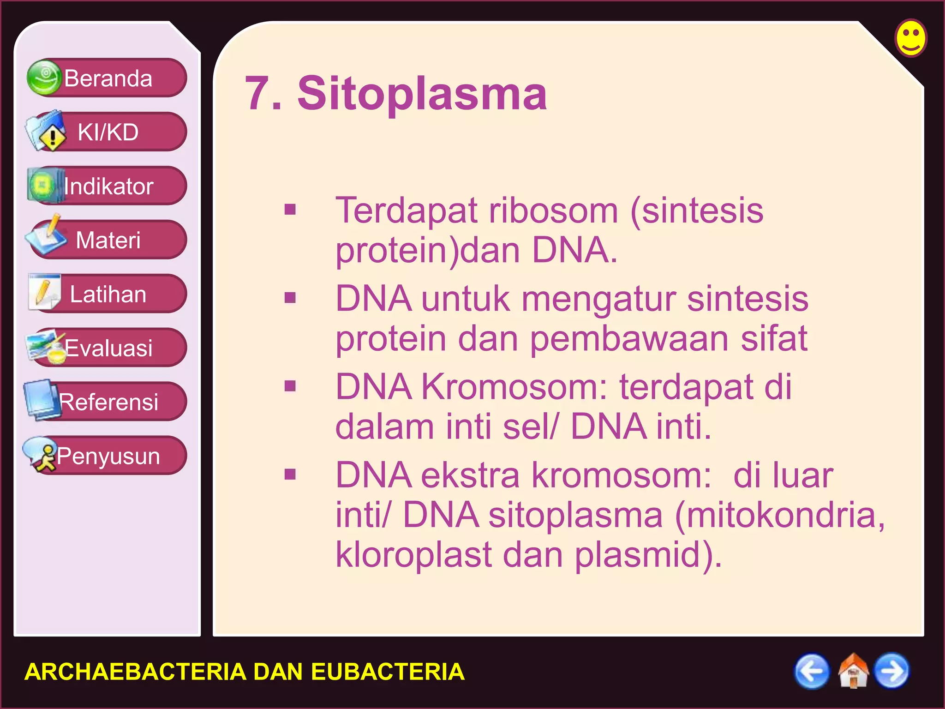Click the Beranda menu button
pyautogui.click(x=108, y=78)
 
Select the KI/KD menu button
pyautogui.click(x=108, y=132)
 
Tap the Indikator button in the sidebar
pyautogui.click(x=108, y=186)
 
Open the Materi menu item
pyautogui.click(x=108, y=240)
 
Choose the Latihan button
pyautogui.click(x=108, y=294)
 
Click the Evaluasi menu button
pyautogui.click(x=108, y=348)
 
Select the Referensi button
pyautogui.click(x=108, y=402)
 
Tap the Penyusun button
pyautogui.click(x=108, y=456)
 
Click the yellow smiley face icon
pyautogui.click(x=911, y=38)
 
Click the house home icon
pyautogui.click(x=853, y=671)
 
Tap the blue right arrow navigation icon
pyautogui.click(x=892, y=671)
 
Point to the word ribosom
pyautogui.click(x=553, y=211)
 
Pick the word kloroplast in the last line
pyautogui.click(x=413, y=555)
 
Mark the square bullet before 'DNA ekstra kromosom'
pyautogui.click(x=290, y=474)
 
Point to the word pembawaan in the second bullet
pyautogui.click(x=629, y=339)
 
